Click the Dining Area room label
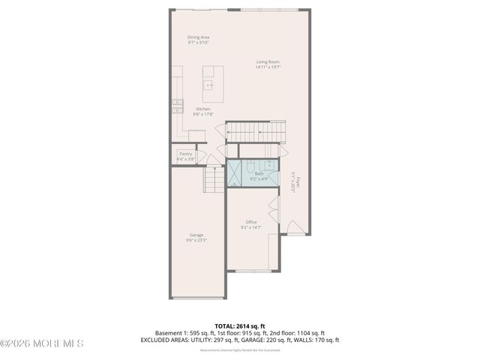coord(199,37)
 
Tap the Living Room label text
coord(268,62)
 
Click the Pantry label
coord(185,154)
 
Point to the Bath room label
coord(259,173)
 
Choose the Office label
coord(251,222)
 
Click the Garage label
coord(196,235)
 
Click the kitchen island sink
coord(213,83)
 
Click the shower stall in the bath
coord(234,173)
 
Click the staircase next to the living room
coord(256,133)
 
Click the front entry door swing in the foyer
coord(296,228)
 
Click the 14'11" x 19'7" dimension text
coord(268,67)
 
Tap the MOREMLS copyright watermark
coord(42,343)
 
